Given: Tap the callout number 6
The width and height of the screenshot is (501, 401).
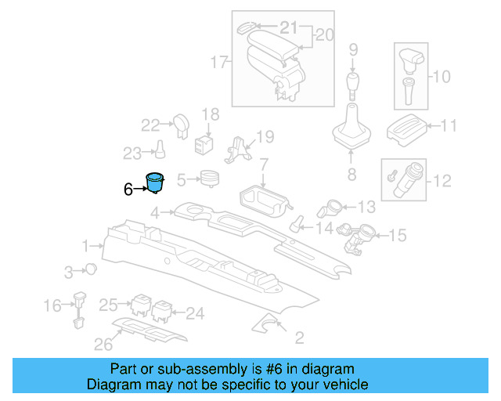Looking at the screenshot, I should tap(128, 189).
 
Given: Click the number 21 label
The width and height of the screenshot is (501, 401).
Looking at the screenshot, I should tap(289, 28).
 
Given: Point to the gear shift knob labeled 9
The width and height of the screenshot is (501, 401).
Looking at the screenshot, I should tap(353, 83).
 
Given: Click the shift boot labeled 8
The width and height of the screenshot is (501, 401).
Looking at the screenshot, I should tap(351, 133).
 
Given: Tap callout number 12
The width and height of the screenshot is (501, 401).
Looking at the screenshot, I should tap(442, 181).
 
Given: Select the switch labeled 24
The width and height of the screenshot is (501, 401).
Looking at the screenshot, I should tap(163, 311).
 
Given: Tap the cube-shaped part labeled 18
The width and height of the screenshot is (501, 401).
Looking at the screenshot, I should tap(206, 143).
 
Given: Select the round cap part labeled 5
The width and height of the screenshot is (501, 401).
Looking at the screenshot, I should tap(208, 179).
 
